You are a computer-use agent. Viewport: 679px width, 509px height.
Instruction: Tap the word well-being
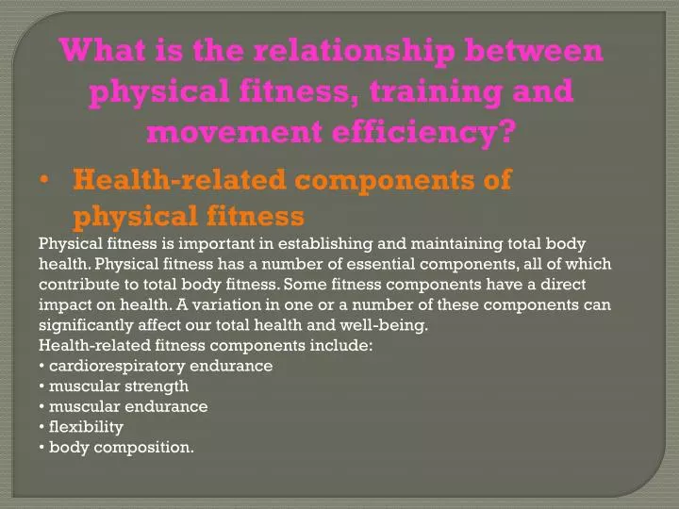pyautogui.click(x=389, y=326)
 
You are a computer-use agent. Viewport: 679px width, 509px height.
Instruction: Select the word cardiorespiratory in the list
pyautogui.click(x=114, y=366)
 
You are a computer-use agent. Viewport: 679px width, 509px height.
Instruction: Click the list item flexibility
pyautogui.click(x=86, y=427)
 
